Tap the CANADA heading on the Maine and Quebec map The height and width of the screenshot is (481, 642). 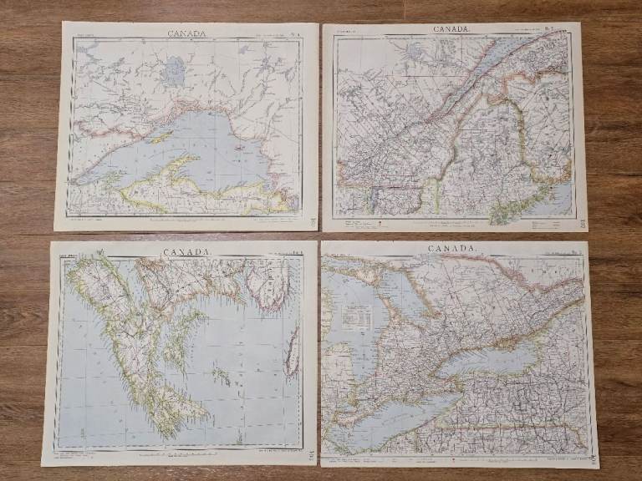tap(451, 29)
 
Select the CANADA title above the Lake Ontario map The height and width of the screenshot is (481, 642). tap(451, 249)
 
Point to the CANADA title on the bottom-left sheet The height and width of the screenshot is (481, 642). tap(186, 251)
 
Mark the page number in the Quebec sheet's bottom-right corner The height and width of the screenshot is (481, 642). tap(581, 223)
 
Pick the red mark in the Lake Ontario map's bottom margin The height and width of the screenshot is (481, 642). tap(452, 458)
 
